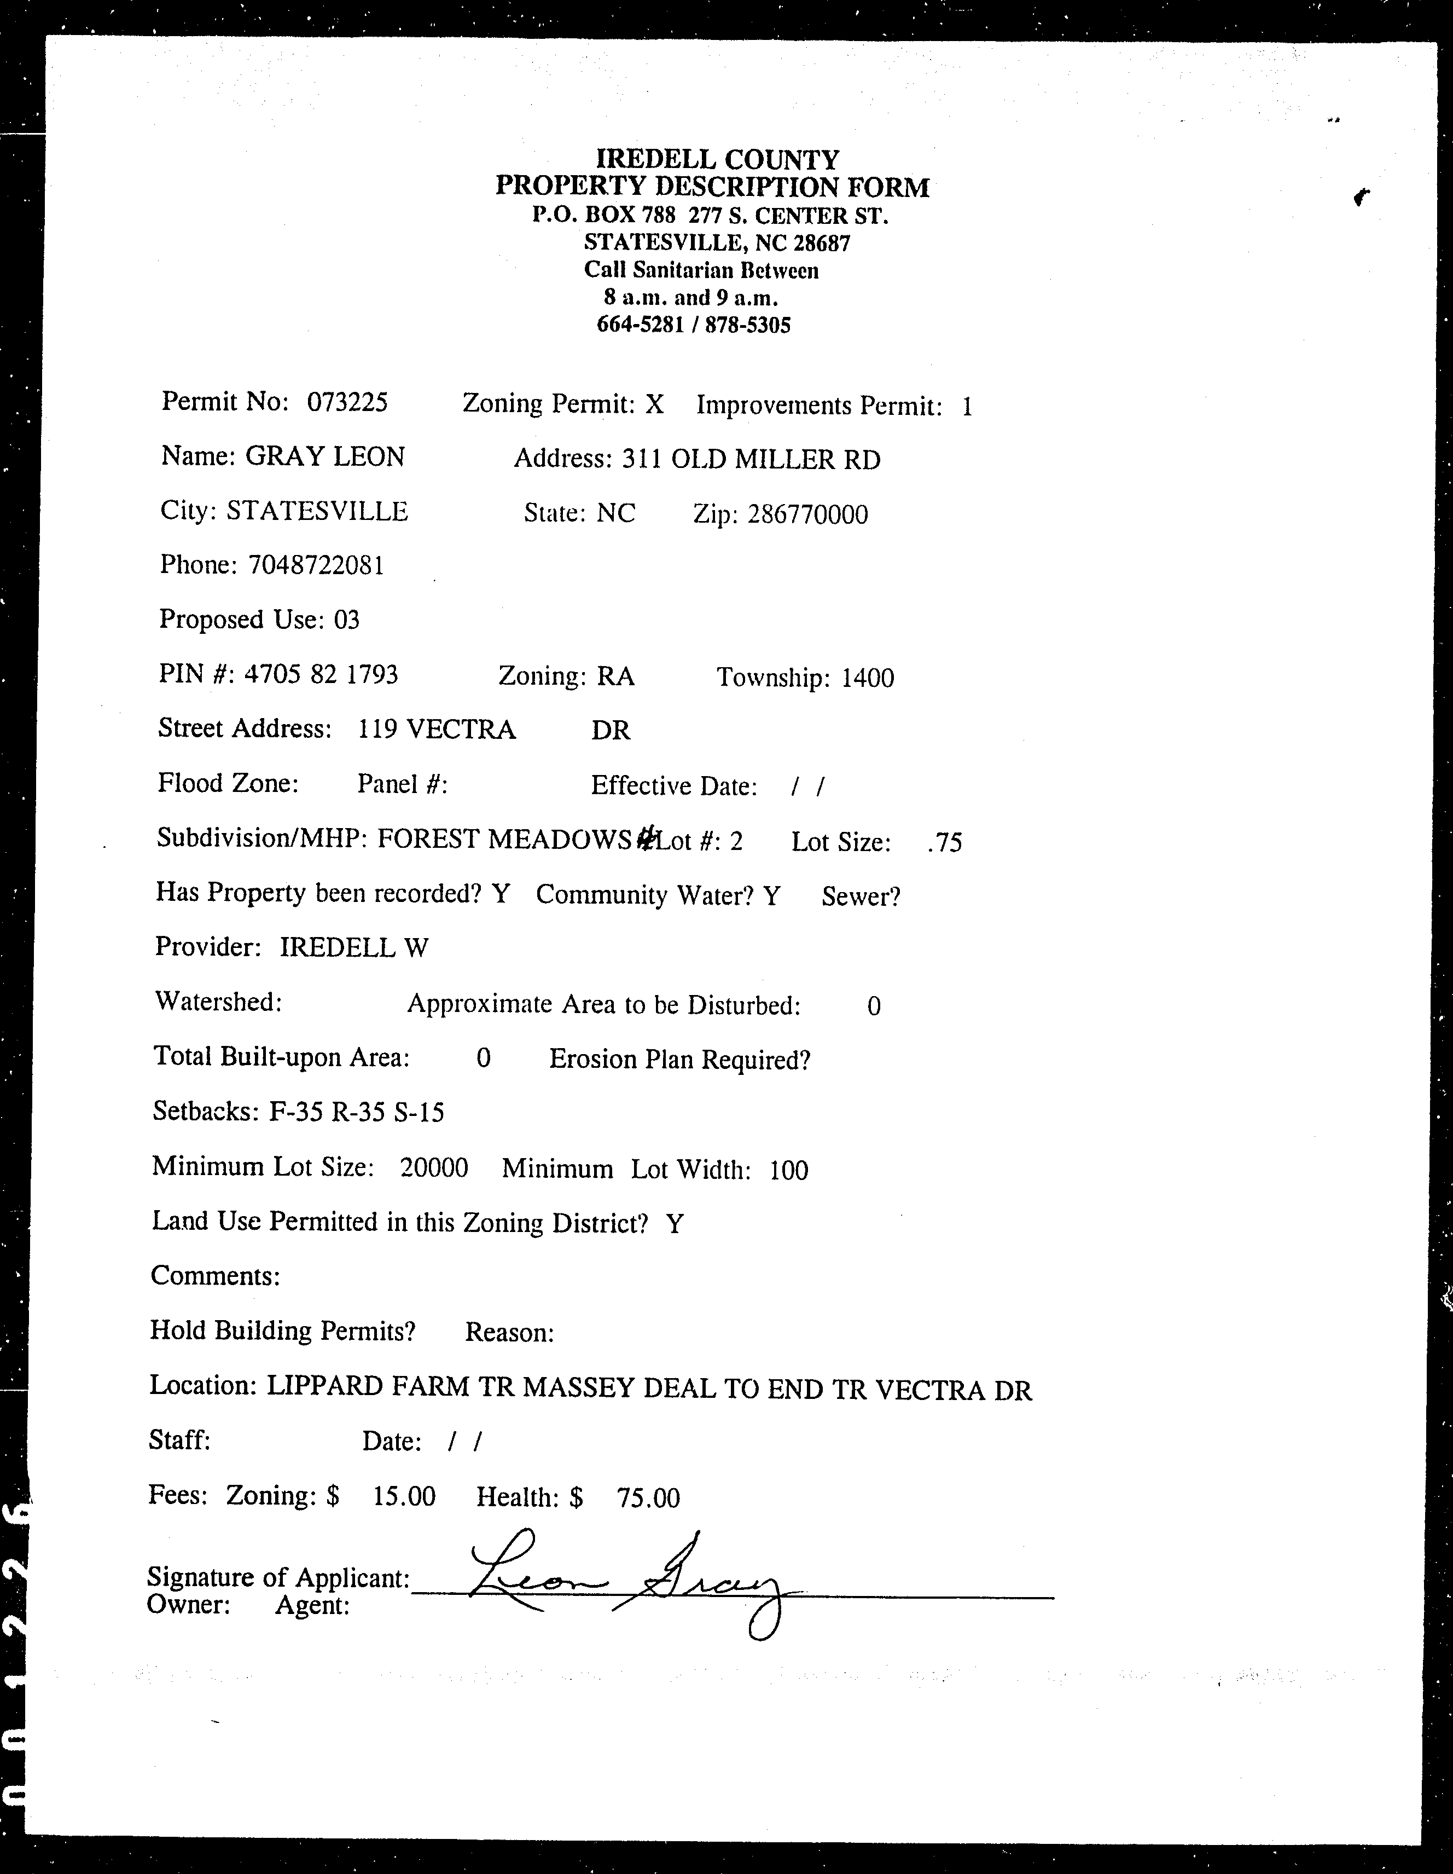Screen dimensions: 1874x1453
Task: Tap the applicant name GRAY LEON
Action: coord(325,456)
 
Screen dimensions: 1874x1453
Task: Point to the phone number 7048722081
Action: coord(316,565)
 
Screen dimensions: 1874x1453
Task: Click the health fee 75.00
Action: coord(648,1498)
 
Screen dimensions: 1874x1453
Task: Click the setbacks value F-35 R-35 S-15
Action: coord(357,1112)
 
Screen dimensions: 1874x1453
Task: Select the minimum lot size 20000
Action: coord(434,1168)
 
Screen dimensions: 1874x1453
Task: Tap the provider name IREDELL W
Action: coord(353,947)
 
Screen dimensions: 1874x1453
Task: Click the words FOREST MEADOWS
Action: coord(504,838)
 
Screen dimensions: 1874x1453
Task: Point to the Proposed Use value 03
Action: coord(346,620)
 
